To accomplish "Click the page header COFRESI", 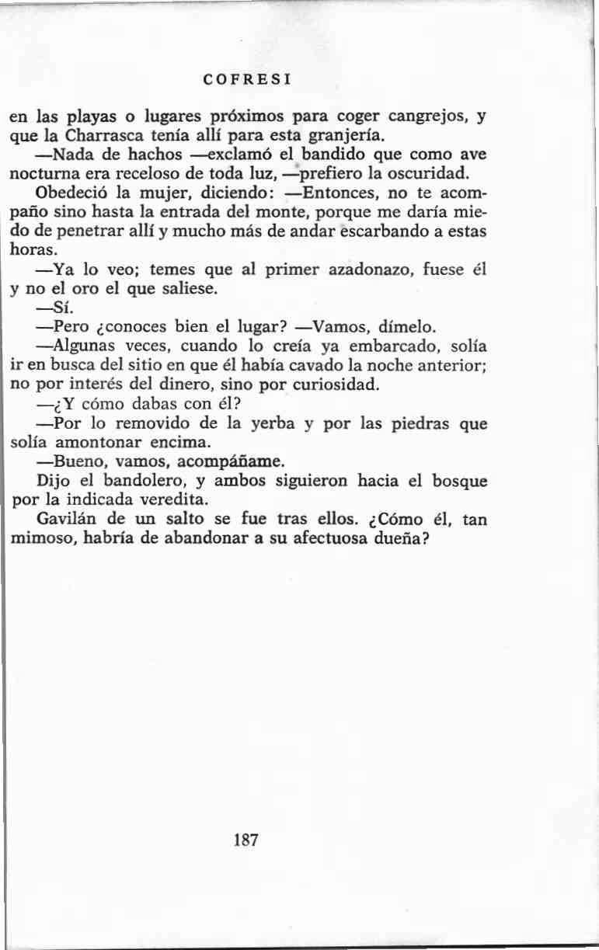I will coord(246,79).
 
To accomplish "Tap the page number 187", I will coord(246,840).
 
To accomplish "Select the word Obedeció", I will coord(74,193).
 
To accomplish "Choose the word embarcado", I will coord(344,344).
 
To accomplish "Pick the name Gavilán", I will coord(68,518).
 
